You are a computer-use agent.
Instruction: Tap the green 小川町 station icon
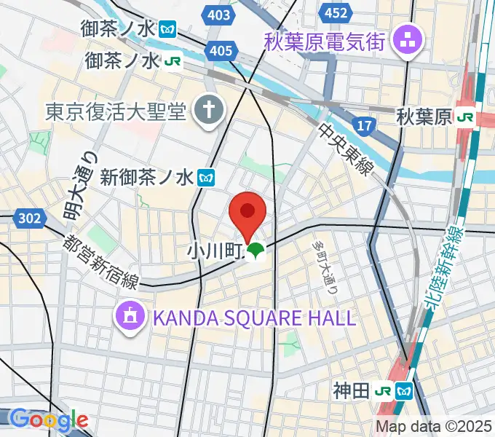[254, 253]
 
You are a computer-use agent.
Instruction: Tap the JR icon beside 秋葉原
[466, 116]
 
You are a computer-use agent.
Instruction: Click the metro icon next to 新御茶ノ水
[208, 176]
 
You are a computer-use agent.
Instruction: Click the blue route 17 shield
[365, 126]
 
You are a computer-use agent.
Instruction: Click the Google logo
[49, 420]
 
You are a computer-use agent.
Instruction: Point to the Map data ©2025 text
[434, 426]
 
